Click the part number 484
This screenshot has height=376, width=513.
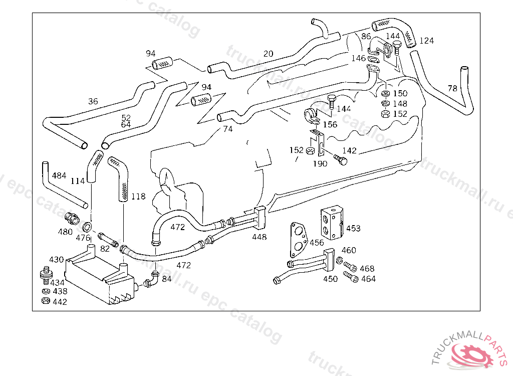pos(59,175)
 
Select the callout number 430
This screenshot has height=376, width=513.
pos(56,260)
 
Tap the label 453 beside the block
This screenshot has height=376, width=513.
pos(353,229)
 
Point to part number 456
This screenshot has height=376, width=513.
pos(317,243)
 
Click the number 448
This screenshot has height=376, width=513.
pos(260,237)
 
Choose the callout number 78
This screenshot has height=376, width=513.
pos(452,89)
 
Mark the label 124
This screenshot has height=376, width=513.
pos(427,41)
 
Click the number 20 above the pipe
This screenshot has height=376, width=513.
pos(269,54)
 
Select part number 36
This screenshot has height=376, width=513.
pos(93,101)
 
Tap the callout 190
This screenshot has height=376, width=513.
pos(320,163)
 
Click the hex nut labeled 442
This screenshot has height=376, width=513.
pos(45,301)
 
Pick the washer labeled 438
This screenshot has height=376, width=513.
pos(45,291)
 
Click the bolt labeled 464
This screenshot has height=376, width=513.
pos(350,277)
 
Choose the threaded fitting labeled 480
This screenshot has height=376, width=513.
pos(72,218)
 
